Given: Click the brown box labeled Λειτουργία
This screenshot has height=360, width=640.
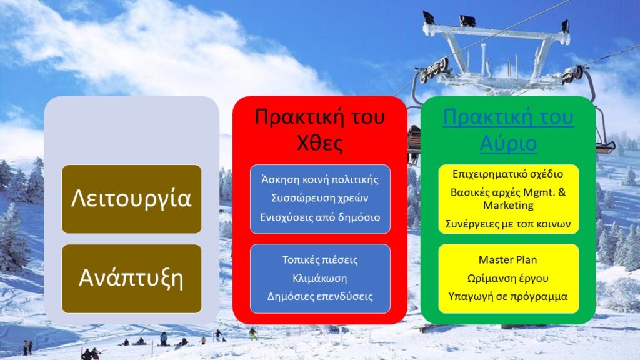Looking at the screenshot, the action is pos(131,199).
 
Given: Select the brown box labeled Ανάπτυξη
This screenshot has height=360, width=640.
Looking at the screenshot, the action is pos(131,279).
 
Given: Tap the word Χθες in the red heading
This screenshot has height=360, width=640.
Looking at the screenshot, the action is pos(319,143).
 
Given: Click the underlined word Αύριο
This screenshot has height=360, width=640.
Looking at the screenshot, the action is pos(508,143).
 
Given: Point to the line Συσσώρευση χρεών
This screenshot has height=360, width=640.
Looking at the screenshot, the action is pos(320,198).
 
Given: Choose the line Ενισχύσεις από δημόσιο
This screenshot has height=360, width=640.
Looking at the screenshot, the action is pos(320,217).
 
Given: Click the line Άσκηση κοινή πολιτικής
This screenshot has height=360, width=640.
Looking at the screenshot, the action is pos(320,179).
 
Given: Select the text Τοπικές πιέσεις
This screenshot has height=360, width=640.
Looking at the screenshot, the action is pos(320,260).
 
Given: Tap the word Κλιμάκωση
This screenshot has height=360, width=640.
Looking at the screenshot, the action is pos(320,278).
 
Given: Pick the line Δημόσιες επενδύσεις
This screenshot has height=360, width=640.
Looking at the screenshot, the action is pos(320,297).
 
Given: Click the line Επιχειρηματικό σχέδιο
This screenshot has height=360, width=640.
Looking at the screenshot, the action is pos(508,174).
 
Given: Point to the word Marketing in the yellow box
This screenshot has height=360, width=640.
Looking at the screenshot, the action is pos(508,205).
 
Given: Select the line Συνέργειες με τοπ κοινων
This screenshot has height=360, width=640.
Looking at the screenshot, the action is pos(508,224).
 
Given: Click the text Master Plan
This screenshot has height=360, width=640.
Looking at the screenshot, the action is pos(508,260).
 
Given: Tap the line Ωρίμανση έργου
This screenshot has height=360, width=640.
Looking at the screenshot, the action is pos(508,279).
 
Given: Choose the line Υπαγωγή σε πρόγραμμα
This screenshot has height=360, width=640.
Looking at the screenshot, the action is pos(508,297).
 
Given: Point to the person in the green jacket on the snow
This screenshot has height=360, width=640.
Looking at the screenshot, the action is pos(254,334).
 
